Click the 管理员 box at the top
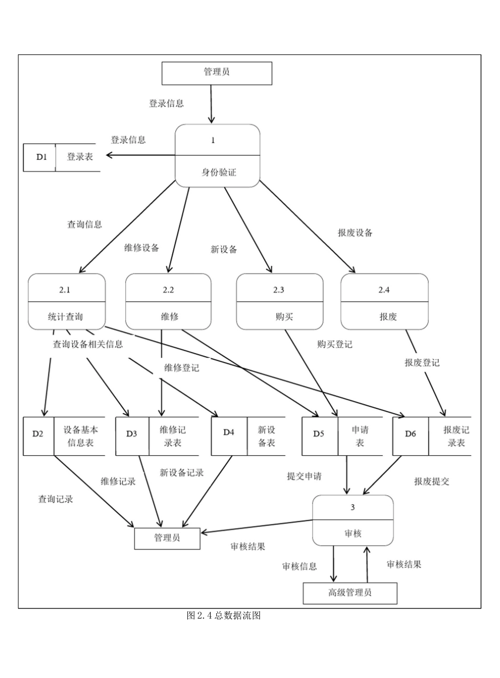216,73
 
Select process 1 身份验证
217,155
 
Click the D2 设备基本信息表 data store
64,436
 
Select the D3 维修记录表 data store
157,436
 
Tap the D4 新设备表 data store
248,436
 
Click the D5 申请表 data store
342,436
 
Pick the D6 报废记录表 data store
432,436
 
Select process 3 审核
353,520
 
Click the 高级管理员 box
349,592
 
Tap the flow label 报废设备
355,232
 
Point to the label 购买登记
335,345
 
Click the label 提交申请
304,476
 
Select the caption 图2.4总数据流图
223,615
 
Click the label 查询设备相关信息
88,345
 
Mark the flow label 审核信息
299,566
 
